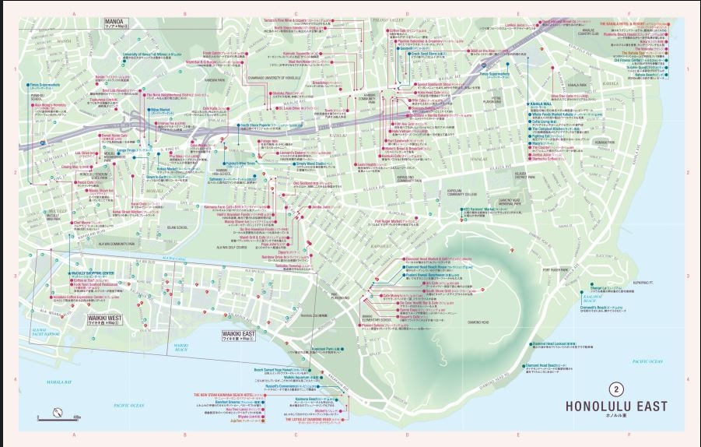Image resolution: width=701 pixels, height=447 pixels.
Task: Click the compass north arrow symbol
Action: pos(58,412)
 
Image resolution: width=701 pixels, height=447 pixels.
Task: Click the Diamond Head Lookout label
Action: pos(559,342)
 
